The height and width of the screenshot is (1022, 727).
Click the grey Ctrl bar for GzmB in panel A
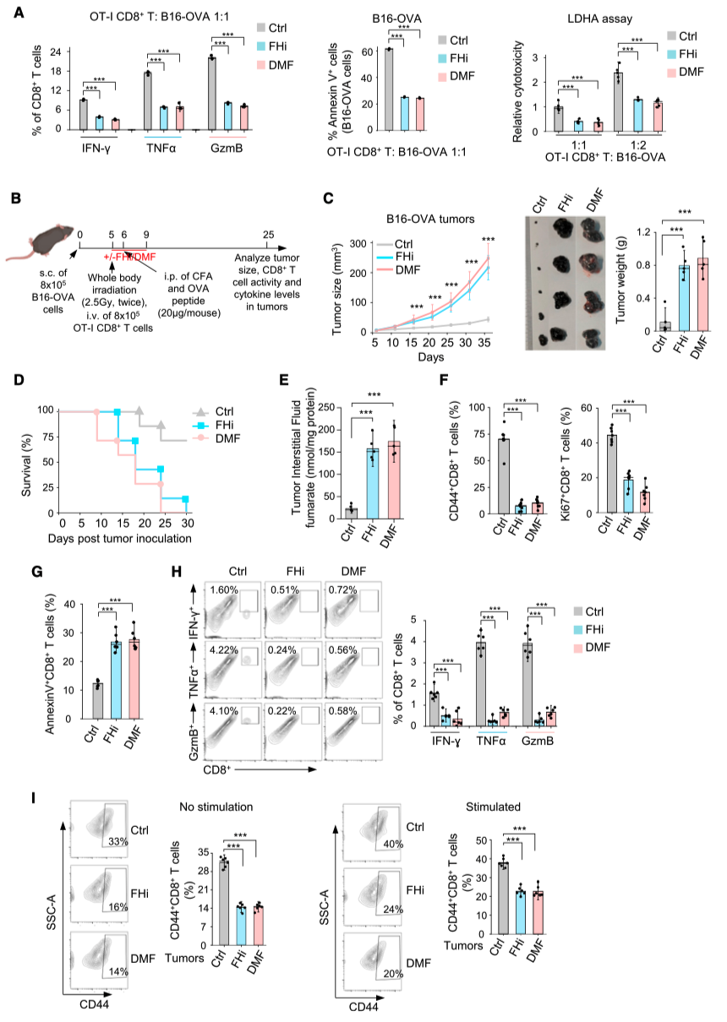click(212, 93)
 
